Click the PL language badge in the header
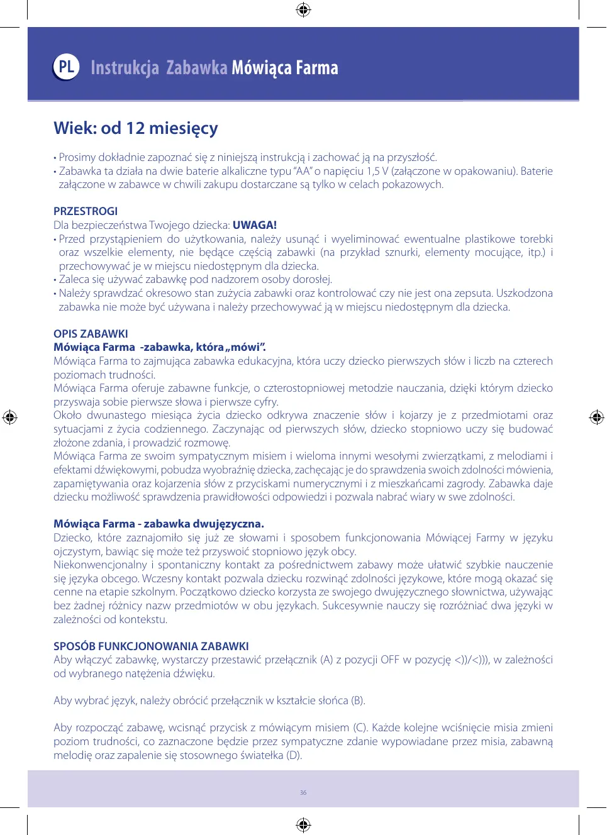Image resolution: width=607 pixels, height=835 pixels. pyautogui.click(x=66, y=67)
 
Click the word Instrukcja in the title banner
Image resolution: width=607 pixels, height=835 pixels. pyautogui.click(x=125, y=68)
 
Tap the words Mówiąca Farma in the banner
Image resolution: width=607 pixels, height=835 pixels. pyautogui.click(x=285, y=68)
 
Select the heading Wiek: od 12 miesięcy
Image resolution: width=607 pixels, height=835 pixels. pyautogui.click(x=136, y=128)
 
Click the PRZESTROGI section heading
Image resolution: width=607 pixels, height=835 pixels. pyautogui.click(x=86, y=211)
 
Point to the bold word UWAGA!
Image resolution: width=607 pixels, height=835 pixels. pyautogui.click(x=255, y=225)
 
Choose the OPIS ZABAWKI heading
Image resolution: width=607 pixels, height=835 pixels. pyautogui.click(x=91, y=334)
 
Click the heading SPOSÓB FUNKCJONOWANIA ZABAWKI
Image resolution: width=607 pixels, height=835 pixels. pyautogui.click(x=151, y=646)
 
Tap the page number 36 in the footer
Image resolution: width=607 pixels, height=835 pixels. pyautogui.click(x=303, y=793)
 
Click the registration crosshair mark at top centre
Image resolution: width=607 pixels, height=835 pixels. pyautogui.click(x=303, y=9)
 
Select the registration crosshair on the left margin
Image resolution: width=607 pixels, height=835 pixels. pyautogui.click(x=10, y=417)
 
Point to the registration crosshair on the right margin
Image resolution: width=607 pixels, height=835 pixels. pyautogui.click(x=596, y=417)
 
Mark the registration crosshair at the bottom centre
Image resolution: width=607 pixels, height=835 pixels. pyautogui.click(x=303, y=824)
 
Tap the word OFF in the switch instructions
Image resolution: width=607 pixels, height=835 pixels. pyautogui.click(x=390, y=660)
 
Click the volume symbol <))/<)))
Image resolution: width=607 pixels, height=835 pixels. pyautogui.click(x=471, y=660)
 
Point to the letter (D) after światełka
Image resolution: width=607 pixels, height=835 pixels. pyautogui.click(x=294, y=755)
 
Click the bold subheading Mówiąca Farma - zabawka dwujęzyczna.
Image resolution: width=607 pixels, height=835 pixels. pyautogui.click(x=159, y=524)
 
